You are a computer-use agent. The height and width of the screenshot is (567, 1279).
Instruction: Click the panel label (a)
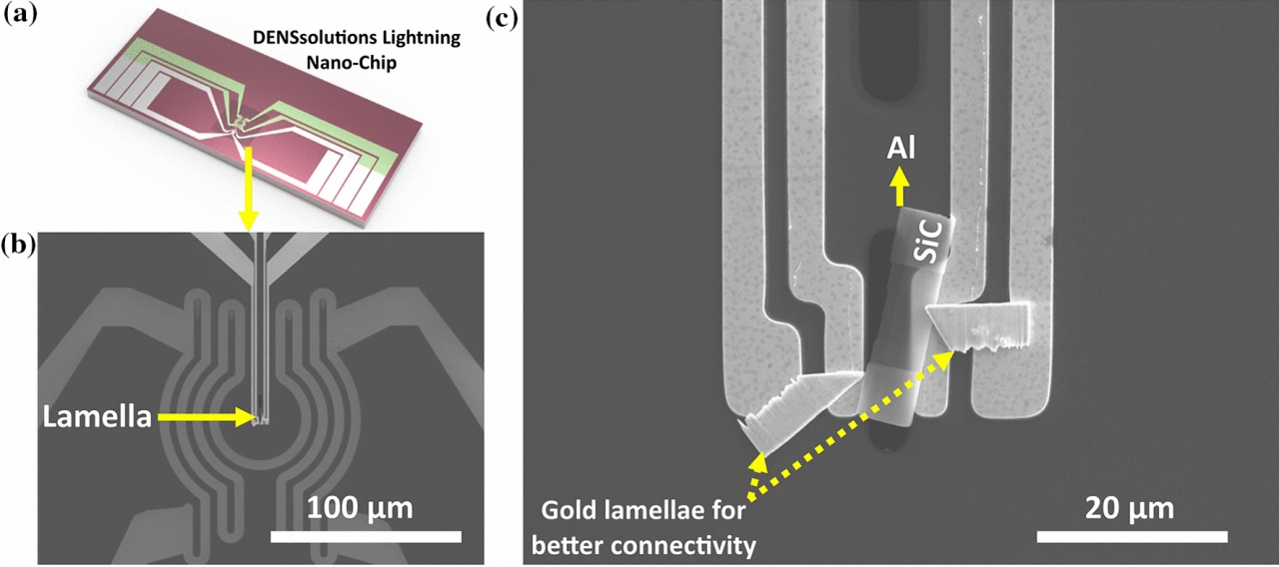19,18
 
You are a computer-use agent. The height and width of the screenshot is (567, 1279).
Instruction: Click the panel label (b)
19,243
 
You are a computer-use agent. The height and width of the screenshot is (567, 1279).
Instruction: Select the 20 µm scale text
1130,507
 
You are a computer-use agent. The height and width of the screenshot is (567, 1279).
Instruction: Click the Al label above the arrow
902,151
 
